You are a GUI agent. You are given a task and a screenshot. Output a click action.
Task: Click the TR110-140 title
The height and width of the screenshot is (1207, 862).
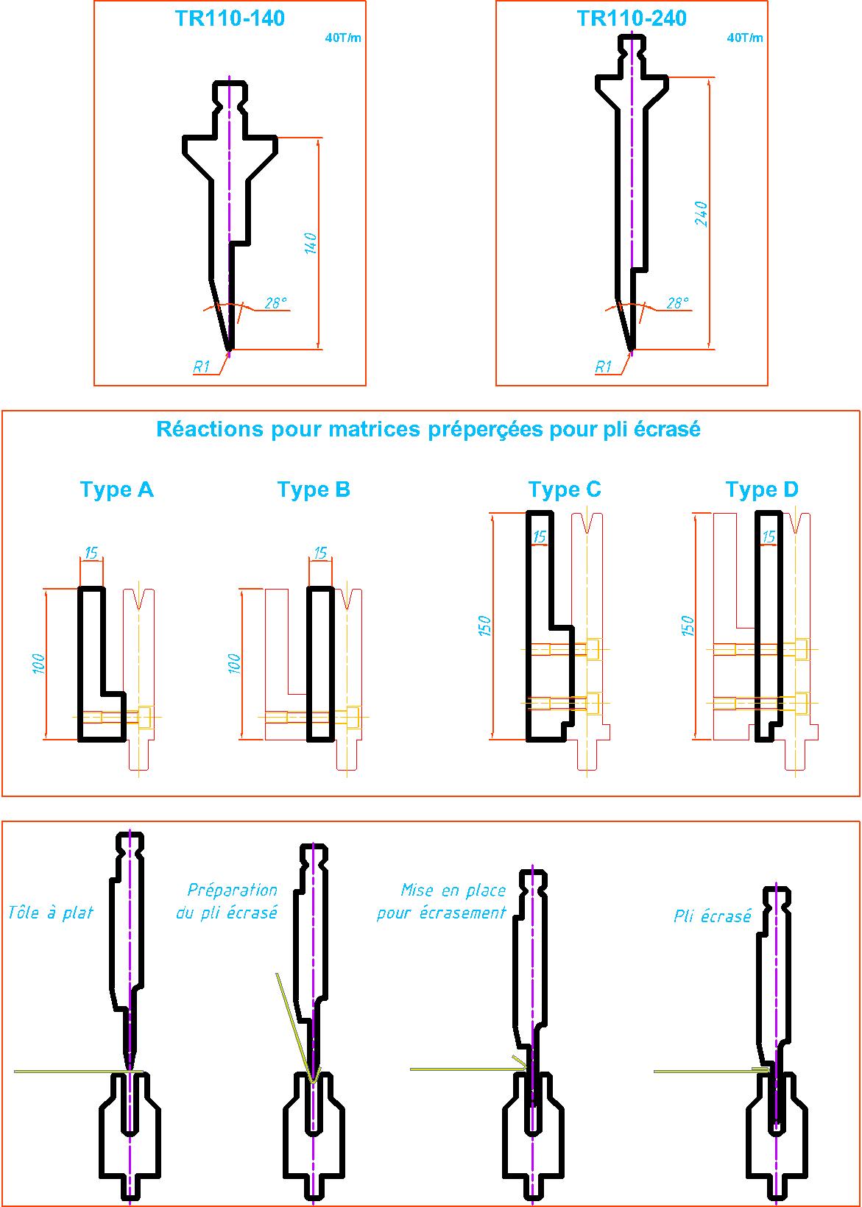click(230, 18)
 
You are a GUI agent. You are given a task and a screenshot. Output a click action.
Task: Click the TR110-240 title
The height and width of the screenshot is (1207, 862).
click(632, 18)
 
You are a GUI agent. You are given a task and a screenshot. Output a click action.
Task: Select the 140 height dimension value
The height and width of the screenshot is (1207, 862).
click(311, 244)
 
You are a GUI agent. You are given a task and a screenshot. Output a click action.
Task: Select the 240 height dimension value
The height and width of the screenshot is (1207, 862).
click(701, 213)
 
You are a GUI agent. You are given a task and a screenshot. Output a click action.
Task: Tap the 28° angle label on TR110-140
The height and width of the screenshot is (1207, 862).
click(275, 302)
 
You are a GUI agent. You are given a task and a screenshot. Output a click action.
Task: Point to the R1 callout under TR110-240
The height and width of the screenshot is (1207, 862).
click(603, 367)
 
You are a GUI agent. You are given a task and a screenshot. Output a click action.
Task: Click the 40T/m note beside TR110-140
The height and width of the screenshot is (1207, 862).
click(343, 38)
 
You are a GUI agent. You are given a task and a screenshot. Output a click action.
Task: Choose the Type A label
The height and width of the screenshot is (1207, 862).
click(116, 489)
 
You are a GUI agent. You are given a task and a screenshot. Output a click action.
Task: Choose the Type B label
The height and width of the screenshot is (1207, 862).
click(314, 489)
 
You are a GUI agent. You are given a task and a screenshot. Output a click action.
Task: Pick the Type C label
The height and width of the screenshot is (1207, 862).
click(565, 489)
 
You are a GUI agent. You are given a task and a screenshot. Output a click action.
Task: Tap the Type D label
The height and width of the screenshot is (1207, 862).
click(762, 489)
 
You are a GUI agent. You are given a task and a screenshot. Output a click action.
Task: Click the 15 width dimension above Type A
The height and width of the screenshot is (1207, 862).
click(91, 552)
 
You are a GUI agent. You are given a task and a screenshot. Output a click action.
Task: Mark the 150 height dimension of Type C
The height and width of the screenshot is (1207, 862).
click(485, 626)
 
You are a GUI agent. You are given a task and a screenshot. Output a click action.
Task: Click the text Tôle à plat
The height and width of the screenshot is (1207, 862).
click(51, 913)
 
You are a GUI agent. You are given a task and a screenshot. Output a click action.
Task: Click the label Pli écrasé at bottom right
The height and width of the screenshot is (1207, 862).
click(713, 916)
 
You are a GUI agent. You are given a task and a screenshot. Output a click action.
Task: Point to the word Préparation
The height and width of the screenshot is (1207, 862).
click(232, 891)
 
